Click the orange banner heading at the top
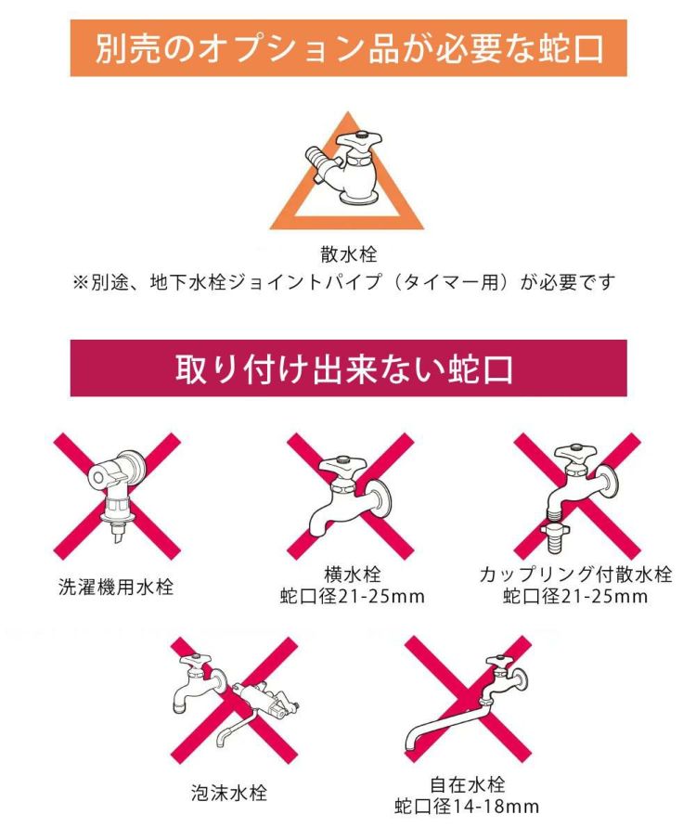click(x=348, y=47)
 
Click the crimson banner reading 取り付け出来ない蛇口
click(x=348, y=368)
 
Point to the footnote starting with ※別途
click(x=344, y=280)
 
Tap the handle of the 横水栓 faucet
click(x=337, y=463)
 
